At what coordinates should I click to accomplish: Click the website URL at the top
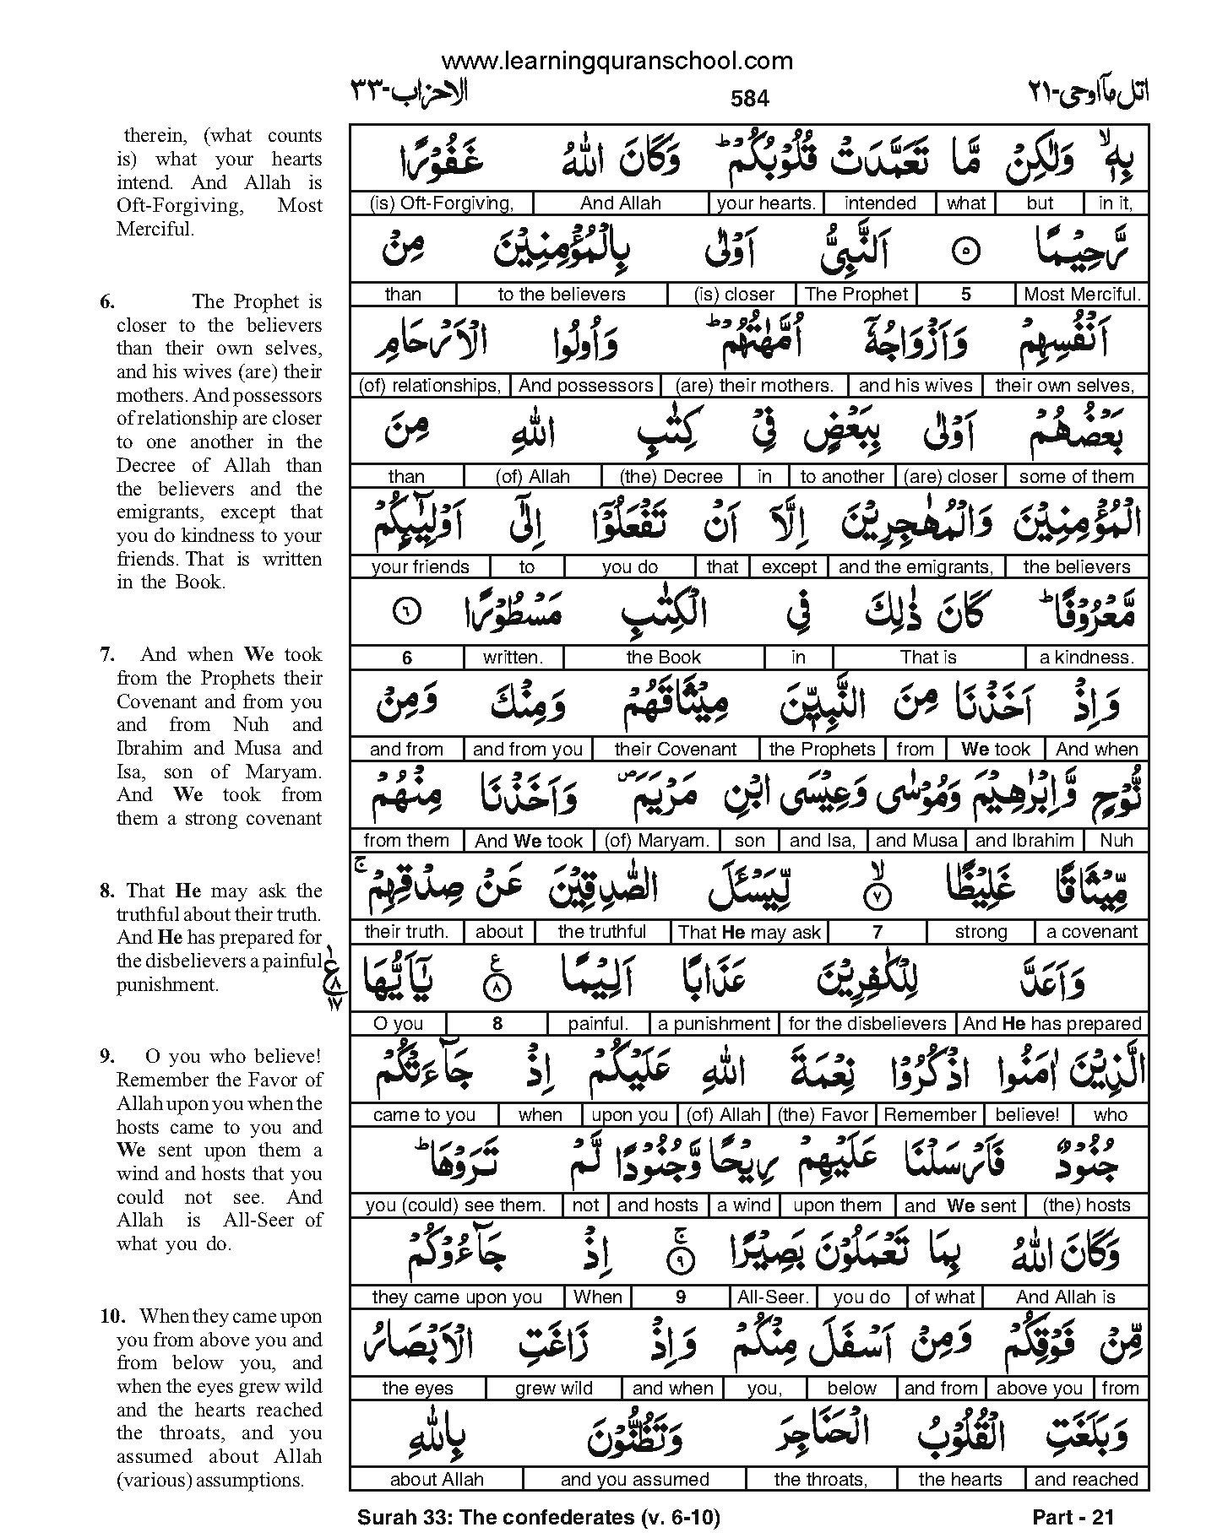(x=617, y=61)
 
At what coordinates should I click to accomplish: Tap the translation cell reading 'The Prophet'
(x=856, y=294)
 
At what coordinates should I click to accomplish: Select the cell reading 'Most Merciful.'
(x=1082, y=294)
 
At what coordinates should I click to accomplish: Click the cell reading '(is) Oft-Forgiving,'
(x=442, y=203)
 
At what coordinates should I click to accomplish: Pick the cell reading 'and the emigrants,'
(x=916, y=566)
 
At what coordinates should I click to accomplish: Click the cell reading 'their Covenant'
(x=676, y=749)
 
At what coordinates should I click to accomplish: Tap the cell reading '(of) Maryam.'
(x=658, y=840)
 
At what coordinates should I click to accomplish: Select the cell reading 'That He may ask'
(x=750, y=932)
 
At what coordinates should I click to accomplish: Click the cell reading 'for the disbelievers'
(x=867, y=1023)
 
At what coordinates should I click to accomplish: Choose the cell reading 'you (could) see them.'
(x=456, y=1205)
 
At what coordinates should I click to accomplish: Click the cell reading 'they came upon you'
(x=457, y=1297)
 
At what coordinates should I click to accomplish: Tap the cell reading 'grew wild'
(x=554, y=1388)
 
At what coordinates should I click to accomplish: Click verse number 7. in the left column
(x=107, y=654)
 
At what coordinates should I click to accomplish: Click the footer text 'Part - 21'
(x=1073, y=1517)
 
